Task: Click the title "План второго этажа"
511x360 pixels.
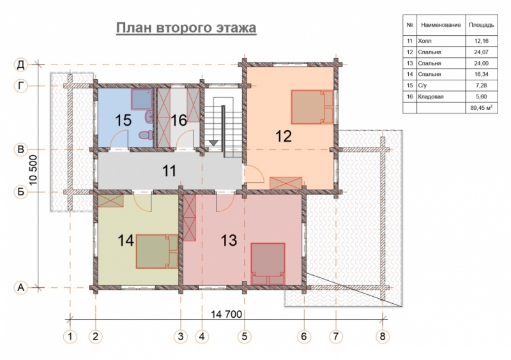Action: (186, 27)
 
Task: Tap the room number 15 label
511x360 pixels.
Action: (123, 120)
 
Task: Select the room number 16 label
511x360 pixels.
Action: (179, 120)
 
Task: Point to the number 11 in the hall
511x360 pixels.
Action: (169, 170)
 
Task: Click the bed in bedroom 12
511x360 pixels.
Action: (312, 107)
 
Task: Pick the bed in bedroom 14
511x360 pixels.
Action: (157, 251)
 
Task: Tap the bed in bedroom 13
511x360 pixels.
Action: (268, 264)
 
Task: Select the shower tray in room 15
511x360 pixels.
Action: (142, 100)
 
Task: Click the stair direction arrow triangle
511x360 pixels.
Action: (213, 143)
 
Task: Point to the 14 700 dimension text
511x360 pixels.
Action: (227, 314)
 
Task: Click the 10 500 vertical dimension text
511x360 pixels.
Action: (34, 170)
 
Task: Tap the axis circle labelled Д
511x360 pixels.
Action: (21, 64)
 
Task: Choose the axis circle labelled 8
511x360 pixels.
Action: (383, 336)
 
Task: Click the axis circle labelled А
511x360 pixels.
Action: (21, 288)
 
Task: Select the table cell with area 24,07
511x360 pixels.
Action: (482, 52)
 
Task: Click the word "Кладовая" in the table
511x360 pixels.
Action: (431, 97)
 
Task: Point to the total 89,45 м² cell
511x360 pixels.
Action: (482, 108)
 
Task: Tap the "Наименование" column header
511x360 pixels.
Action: (441, 25)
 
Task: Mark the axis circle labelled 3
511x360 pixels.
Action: (181, 336)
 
